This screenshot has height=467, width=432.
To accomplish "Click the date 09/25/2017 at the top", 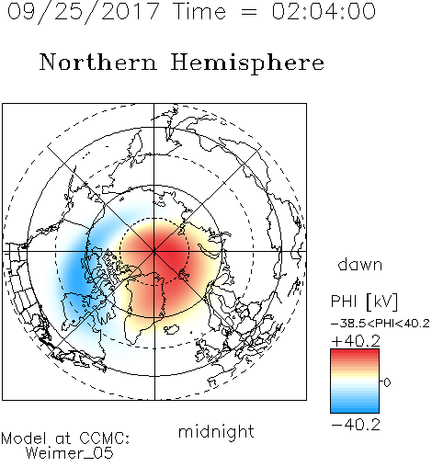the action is click(84, 12).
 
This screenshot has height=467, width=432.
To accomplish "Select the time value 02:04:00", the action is click(324, 11).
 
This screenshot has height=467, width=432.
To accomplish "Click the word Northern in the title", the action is click(98, 62).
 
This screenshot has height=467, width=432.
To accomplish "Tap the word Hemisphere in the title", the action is click(247, 63).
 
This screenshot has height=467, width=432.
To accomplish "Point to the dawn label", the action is click(360, 264).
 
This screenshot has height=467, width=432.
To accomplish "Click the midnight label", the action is click(216, 431).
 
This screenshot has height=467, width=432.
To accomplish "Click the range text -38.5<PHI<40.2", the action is click(381, 324).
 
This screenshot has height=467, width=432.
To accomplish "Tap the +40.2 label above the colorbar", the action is click(356, 341).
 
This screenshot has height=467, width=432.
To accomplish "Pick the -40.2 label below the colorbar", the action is click(356, 425).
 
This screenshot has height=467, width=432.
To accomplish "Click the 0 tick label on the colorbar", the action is click(387, 382).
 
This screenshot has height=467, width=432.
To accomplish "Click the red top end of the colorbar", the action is click(355, 351).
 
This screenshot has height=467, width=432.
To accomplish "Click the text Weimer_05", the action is click(70, 453).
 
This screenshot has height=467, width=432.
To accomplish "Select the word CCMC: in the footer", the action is click(105, 439).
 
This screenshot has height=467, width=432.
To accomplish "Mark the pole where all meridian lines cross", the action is click(154, 251).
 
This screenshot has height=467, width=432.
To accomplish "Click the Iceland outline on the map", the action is click(172, 329).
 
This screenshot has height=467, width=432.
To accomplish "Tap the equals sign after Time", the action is click(249, 13).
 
